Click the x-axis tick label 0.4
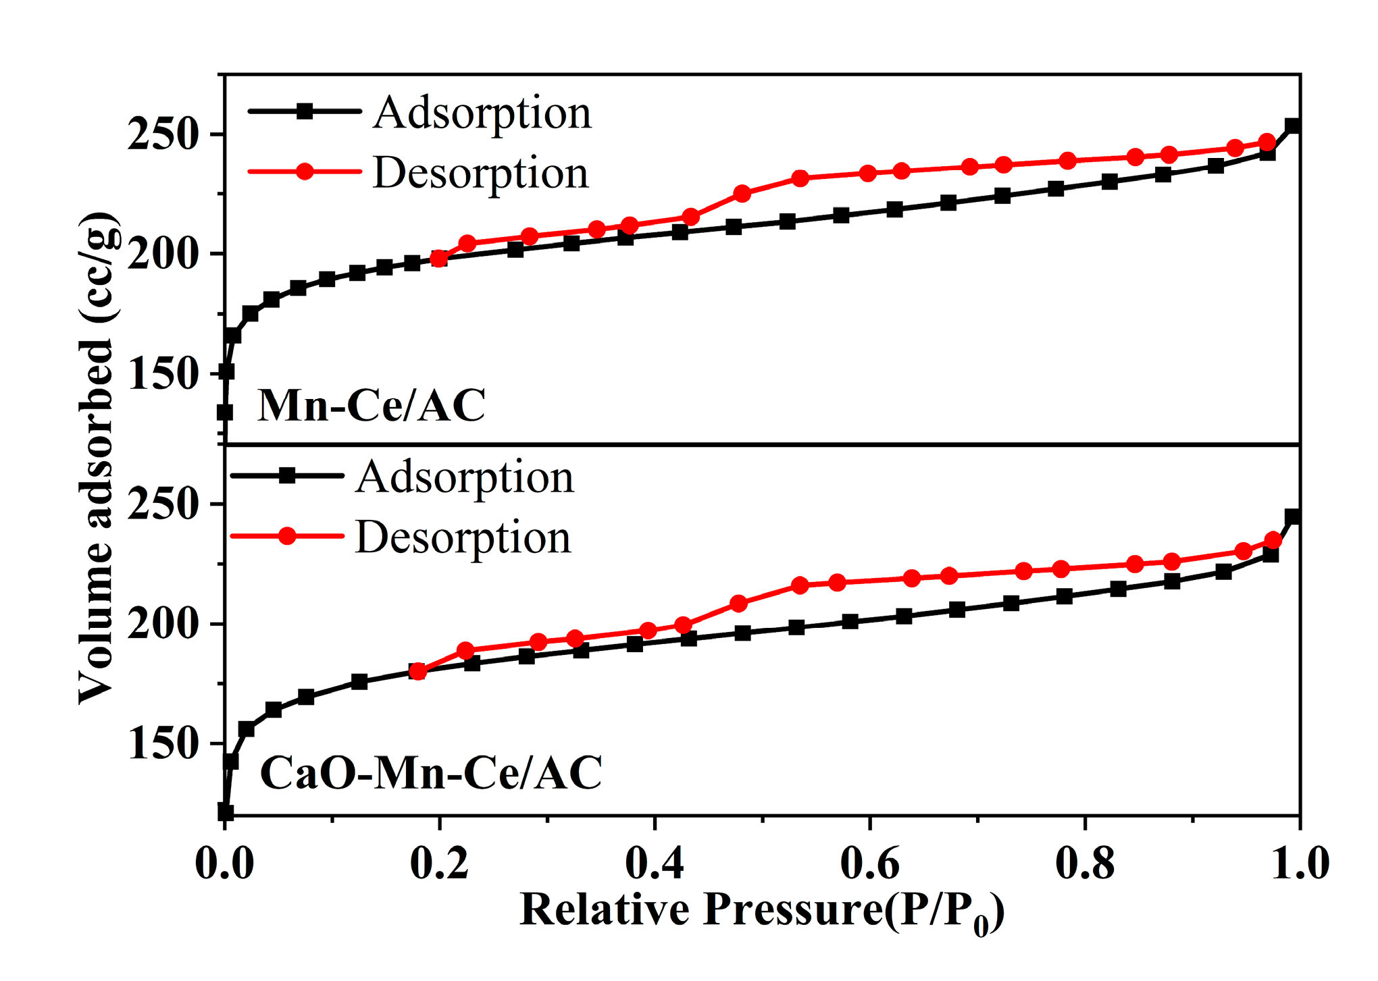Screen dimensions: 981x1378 tap(654, 863)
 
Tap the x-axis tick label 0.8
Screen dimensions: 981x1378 tap(1085, 863)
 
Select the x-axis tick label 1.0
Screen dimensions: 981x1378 tap(1300, 863)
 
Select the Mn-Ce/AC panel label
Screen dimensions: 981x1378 tap(372, 406)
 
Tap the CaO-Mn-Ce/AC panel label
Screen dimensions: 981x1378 tap(431, 772)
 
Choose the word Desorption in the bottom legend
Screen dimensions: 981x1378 tap(463, 537)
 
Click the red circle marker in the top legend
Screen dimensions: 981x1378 tap(305, 171)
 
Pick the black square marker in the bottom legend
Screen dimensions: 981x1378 tap(287, 476)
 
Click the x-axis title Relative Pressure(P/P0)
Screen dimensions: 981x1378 tap(762, 910)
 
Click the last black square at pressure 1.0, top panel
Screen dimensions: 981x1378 tap(1293, 126)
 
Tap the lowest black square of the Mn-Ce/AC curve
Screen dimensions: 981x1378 tap(225, 412)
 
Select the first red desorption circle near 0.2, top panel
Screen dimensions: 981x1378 tap(439, 259)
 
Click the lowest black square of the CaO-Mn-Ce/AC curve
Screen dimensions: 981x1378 tap(225, 812)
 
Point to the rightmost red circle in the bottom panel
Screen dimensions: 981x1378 tap(1273, 540)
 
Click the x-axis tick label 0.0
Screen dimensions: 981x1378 tap(224, 863)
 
